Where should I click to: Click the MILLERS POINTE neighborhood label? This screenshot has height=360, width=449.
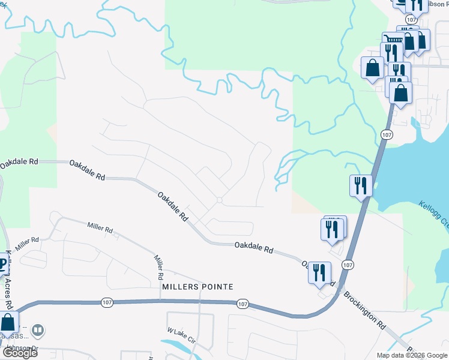197,287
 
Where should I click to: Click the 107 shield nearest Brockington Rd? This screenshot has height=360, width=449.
348,264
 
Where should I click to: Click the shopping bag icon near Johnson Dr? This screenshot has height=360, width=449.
9,323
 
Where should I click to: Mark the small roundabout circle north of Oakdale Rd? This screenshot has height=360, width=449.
220,200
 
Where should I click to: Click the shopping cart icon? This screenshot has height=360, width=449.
392,40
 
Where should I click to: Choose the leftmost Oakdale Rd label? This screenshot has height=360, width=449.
19,162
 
